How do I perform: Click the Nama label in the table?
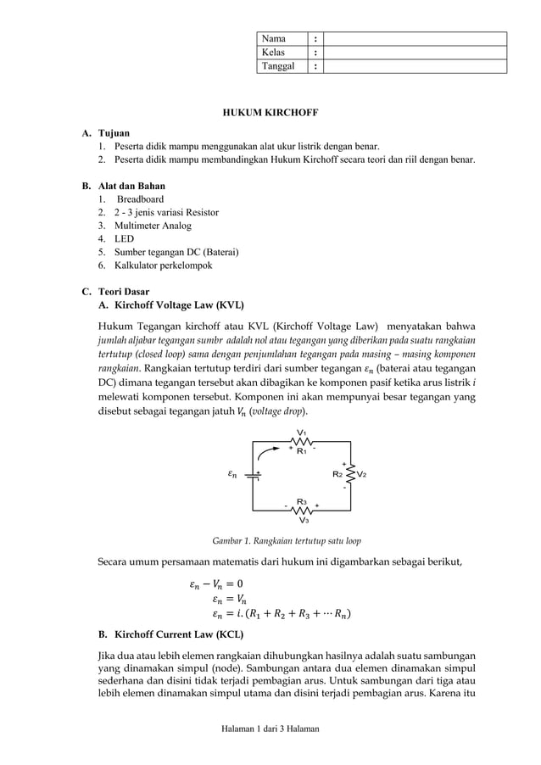[x=273, y=39]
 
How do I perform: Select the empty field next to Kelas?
[x=415, y=53]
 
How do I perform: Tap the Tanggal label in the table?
[x=279, y=66]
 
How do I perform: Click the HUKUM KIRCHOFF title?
[x=270, y=111]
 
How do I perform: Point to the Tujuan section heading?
[x=114, y=134]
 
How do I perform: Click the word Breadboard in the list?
[x=141, y=199]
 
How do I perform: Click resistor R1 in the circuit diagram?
[x=301, y=441]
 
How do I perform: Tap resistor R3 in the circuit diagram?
[x=301, y=510]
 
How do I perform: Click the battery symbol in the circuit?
[x=254, y=475]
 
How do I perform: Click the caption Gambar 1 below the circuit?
[x=287, y=540]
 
